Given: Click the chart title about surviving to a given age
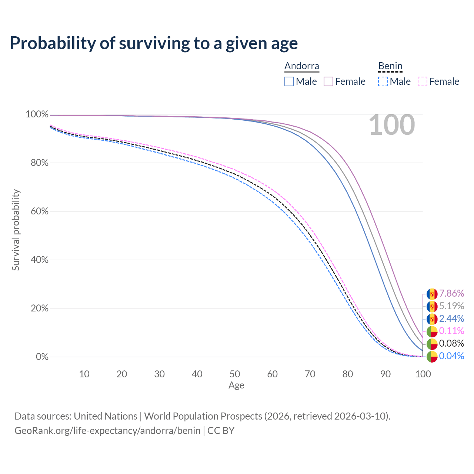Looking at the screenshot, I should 154,43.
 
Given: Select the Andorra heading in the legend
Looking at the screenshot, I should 301,66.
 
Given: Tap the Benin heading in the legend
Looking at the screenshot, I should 390,66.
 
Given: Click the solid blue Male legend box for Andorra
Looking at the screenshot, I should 289,81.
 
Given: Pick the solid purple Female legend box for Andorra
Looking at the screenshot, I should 328,81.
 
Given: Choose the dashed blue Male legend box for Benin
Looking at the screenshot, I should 383,81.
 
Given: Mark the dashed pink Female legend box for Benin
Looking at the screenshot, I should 423,81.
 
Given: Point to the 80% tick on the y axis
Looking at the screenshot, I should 37,163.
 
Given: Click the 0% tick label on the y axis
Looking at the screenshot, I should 42,357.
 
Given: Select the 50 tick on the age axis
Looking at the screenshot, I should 235,374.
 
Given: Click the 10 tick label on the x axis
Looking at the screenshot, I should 84,374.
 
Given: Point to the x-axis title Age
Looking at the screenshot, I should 236,385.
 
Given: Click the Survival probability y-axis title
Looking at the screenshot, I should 16,230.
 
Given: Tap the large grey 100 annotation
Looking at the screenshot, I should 392,125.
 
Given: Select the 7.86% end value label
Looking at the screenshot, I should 451,294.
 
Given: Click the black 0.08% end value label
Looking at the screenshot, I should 451,343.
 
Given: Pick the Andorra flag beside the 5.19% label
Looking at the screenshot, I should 432,307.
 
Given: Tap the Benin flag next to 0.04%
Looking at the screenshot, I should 432,357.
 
